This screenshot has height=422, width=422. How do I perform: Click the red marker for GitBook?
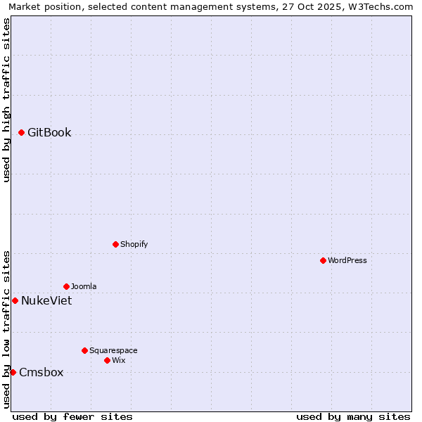click(22, 132)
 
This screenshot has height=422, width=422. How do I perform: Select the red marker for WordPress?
click(323, 260)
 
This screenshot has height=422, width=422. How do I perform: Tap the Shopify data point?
click(115, 244)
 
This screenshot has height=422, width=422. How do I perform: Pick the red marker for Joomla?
click(66, 286)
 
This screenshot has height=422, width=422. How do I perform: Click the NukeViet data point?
click(15, 300)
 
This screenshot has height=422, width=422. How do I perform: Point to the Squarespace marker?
click(84, 350)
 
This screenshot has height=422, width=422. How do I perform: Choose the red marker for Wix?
click(107, 360)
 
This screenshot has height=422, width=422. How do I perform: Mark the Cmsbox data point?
click(13, 372)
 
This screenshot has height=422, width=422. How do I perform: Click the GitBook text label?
click(49, 132)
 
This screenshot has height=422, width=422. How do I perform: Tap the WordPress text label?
click(347, 260)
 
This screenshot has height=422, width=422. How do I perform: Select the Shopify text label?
click(134, 244)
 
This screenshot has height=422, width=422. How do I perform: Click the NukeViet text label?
click(46, 300)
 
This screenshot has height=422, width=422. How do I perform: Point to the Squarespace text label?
click(113, 350)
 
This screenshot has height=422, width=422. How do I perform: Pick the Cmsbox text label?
click(41, 372)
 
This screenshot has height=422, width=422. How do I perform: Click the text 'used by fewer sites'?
click(72, 416)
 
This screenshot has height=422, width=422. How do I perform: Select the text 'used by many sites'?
click(353, 416)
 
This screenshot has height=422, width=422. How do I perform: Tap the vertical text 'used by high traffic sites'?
click(6, 100)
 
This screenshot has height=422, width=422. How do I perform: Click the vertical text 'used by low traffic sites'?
click(6, 328)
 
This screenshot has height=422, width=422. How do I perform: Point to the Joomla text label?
click(84, 286)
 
